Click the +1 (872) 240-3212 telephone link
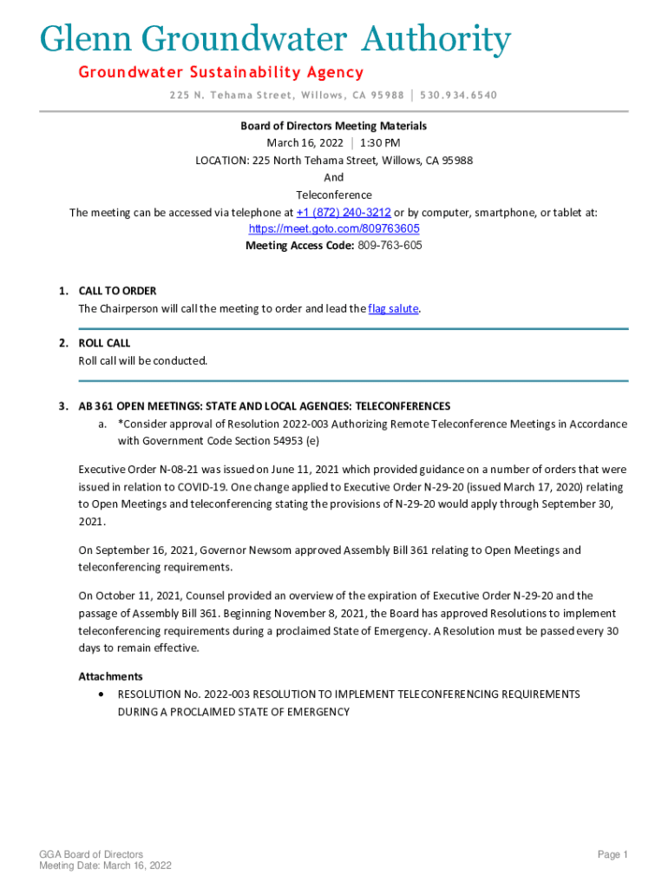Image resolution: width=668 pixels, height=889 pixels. pyautogui.click(x=344, y=212)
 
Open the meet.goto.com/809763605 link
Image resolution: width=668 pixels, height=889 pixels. pyautogui.click(x=334, y=228)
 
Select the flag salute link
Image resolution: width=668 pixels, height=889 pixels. pyautogui.click(x=393, y=308)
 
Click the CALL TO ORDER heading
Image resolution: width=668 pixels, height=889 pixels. pyautogui.click(x=117, y=291)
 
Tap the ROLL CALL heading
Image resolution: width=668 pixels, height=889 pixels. pyautogui.click(x=104, y=343)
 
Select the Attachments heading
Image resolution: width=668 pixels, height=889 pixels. pyautogui.click(x=110, y=676)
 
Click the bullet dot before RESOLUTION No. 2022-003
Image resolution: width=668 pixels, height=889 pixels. pyautogui.click(x=103, y=695)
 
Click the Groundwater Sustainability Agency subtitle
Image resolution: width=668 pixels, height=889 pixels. pyautogui.click(x=221, y=72)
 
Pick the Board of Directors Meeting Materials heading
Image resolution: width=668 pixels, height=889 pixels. pyautogui.click(x=334, y=126)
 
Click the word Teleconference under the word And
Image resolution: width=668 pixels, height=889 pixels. pyautogui.click(x=334, y=194)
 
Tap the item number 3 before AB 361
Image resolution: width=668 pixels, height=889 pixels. pyautogui.click(x=63, y=405)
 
